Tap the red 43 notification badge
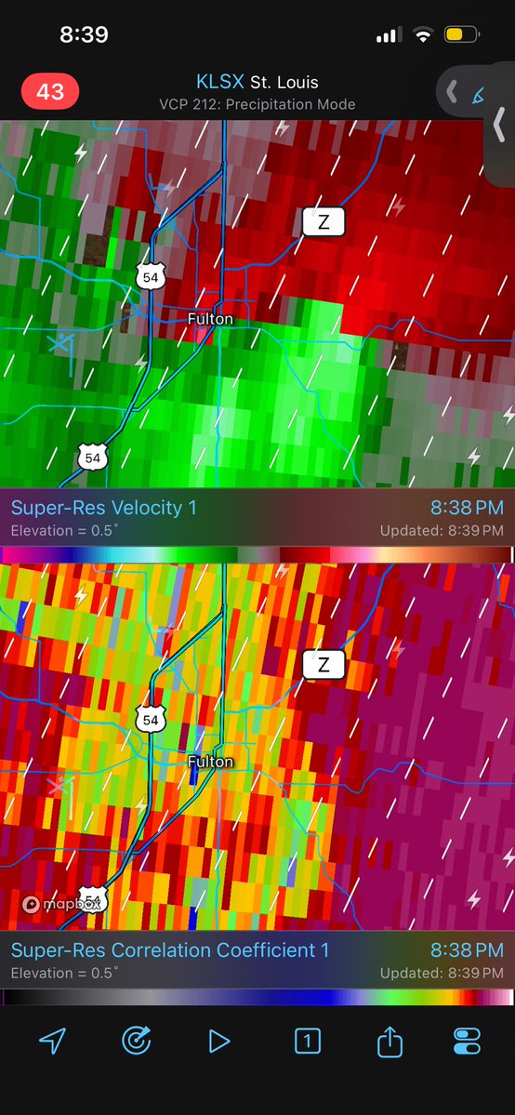(x=50, y=92)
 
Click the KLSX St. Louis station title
(x=257, y=83)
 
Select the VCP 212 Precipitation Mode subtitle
(x=257, y=104)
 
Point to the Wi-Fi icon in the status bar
(x=424, y=35)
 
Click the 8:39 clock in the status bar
(x=84, y=35)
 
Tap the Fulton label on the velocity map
(x=210, y=319)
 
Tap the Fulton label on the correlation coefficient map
(x=210, y=763)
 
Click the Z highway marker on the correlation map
(x=324, y=665)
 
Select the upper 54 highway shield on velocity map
(x=149, y=274)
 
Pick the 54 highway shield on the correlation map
(x=149, y=718)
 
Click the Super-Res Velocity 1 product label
(x=103, y=508)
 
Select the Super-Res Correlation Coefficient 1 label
(x=170, y=950)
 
